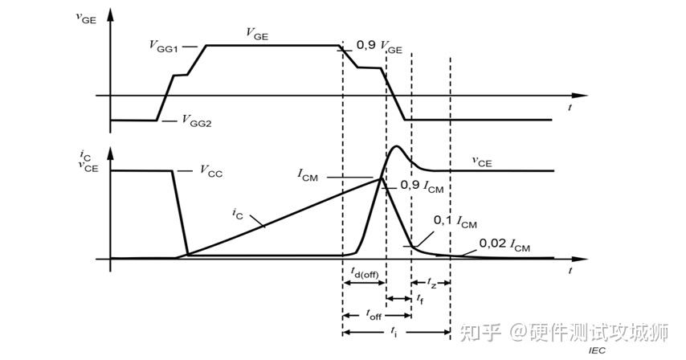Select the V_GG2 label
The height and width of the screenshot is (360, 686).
[197, 121]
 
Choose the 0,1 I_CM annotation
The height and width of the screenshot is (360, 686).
[455, 220]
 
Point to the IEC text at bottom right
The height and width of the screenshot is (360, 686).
[595, 350]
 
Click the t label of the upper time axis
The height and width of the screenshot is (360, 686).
[570, 107]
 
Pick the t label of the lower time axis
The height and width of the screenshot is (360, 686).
[570, 271]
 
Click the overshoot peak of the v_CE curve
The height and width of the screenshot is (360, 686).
[396, 146]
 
